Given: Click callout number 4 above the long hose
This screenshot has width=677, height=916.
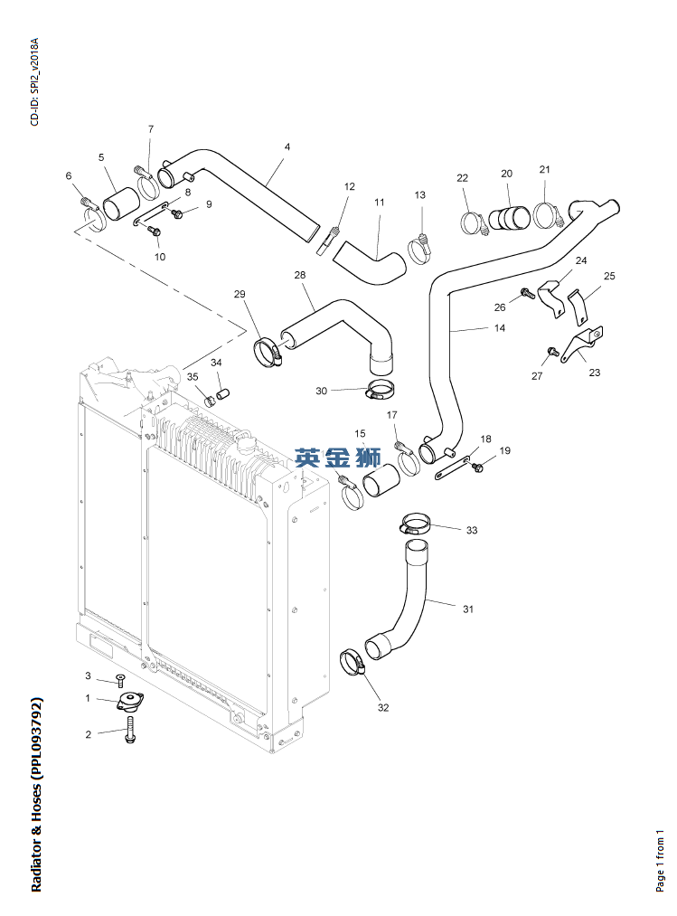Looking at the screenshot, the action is (287, 147).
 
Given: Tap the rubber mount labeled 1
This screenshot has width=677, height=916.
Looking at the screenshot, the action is (130, 701).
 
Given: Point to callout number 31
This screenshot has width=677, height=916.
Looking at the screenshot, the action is (468, 609).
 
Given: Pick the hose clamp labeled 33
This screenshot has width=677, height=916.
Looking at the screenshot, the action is (415, 523).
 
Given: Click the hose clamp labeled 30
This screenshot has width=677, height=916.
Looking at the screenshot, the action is (381, 391).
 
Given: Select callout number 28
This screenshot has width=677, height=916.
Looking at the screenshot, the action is (300, 275).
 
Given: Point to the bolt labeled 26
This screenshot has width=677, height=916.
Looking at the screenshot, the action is (527, 293).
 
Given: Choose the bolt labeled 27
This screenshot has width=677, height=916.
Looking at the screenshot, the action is (552, 352).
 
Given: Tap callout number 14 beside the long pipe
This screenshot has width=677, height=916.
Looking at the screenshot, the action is (500, 328).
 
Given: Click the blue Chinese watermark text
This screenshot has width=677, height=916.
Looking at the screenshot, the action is (338, 458).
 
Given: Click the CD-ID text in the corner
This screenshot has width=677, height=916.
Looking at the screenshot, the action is (35, 81).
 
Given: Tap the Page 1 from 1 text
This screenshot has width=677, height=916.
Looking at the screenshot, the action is (660, 861).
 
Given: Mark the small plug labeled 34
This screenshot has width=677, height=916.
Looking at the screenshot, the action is (222, 393).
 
